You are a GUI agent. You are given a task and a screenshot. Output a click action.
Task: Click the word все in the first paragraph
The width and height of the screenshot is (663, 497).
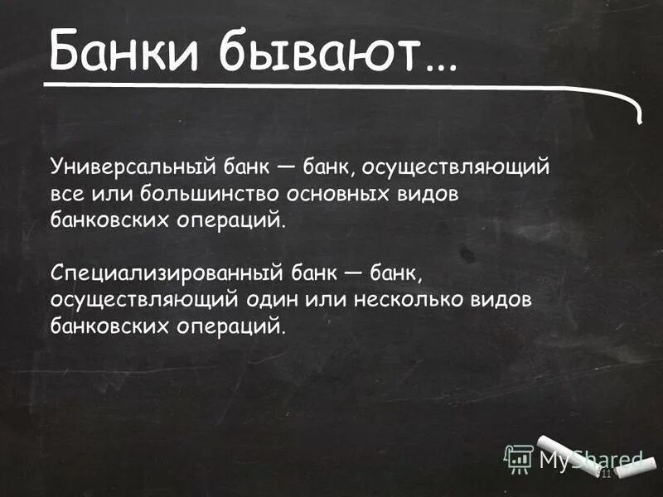pyautogui.click(x=66, y=193)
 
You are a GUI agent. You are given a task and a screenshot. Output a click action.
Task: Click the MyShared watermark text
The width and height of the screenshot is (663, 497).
pyautogui.click(x=590, y=459)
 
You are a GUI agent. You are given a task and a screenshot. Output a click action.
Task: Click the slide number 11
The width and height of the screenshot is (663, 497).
pyautogui.click(x=603, y=473)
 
